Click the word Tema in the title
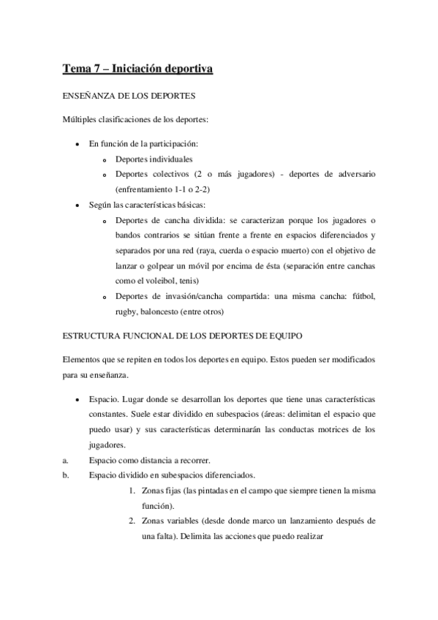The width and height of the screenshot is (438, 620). [76, 69]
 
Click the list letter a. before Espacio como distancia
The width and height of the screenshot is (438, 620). [65, 460]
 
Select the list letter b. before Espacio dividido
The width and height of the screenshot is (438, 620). [65, 475]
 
